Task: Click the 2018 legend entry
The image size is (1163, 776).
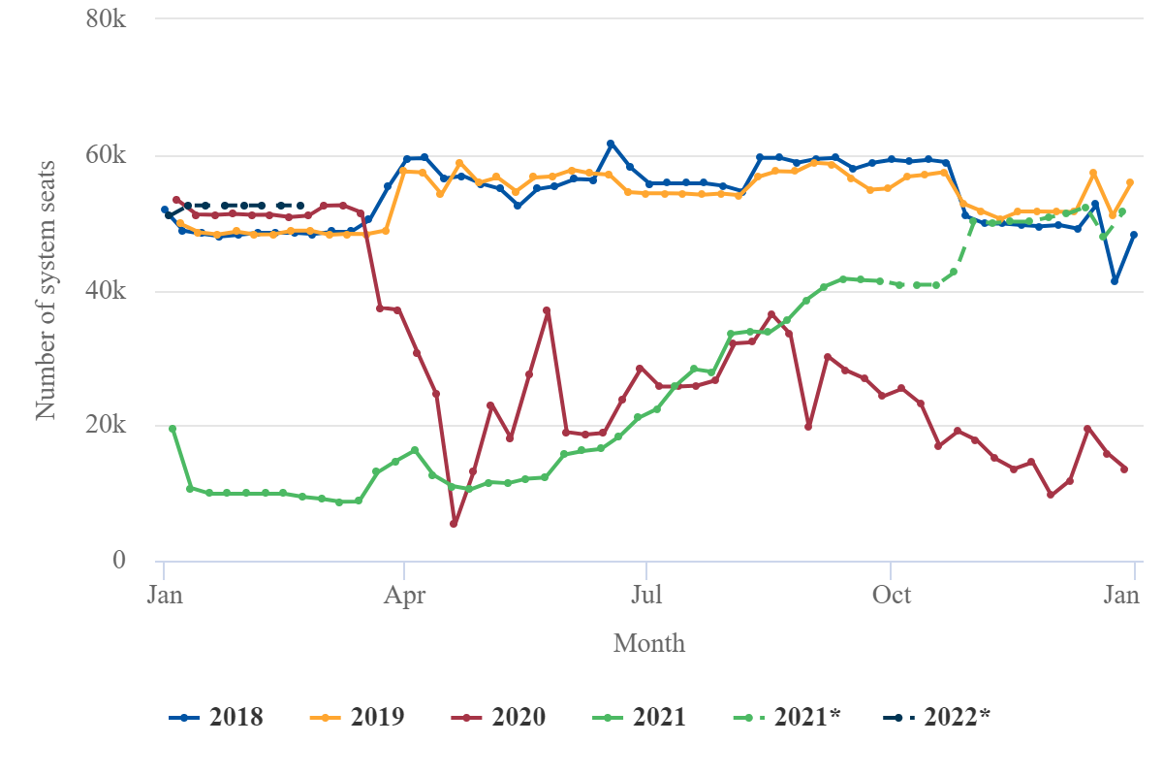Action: point(216,718)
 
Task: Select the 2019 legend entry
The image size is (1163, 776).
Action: point(357,718)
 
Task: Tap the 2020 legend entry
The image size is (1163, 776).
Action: point(498,718)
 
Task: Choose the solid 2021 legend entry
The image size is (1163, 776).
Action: point(639,718)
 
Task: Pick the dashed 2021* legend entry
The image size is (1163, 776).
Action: point(785,718)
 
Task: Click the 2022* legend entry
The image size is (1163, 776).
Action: point(936,718)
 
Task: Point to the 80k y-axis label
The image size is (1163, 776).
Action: point(107,19)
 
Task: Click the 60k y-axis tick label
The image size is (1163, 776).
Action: point(107,155)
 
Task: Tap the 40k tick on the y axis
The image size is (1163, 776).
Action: point(107,291)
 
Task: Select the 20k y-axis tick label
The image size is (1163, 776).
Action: point(107,426)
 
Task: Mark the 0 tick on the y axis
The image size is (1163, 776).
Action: point(118,561)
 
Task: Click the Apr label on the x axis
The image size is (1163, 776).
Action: point(404,595)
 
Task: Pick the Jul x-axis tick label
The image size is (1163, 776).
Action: point(645,595)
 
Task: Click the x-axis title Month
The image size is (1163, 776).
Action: point(649,643)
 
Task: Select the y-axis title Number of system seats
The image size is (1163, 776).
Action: point(46,290)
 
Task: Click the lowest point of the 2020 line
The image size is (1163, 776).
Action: point(454,524)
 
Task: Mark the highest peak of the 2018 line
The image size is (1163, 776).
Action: point(611,144)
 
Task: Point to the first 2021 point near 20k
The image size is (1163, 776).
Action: point(173,429)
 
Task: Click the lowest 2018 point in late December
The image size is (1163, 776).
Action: point(1116,280)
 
